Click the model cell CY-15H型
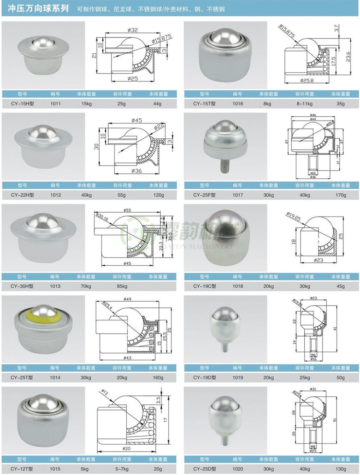tap(22, 104)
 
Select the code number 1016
tap(238, 104)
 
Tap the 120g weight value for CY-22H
tap(158, 195)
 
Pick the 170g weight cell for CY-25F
tap(340, 195)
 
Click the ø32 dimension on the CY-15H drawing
tap(133, 30)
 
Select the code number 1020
tap(238, 469)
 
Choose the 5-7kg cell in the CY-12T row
tap(122, 469)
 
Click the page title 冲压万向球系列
tap(38, 9)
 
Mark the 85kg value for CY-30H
tap(122, 286)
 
